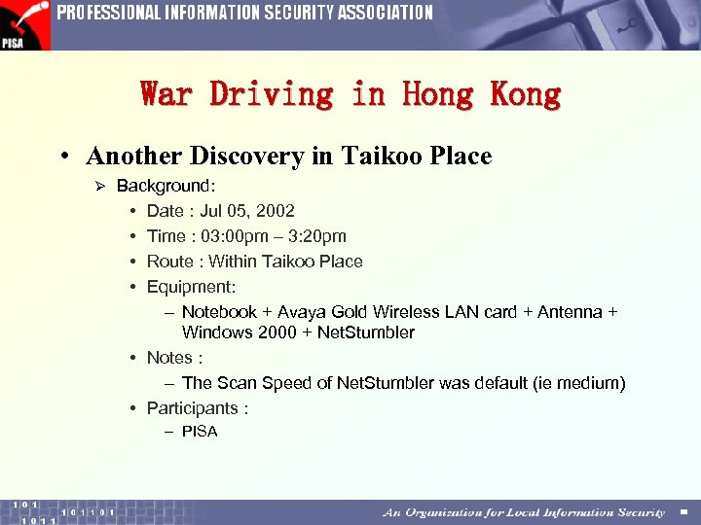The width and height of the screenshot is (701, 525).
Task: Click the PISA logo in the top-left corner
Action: click(24, 24)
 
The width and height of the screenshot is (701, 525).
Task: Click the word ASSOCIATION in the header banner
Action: click(385, 13)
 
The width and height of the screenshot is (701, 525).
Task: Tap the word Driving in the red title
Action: click(272, 94)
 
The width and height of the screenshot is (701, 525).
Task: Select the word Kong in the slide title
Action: click(526, 94)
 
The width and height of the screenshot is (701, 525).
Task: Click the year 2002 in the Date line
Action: click(276, 211)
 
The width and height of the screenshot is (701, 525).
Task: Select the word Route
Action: click(169, 262)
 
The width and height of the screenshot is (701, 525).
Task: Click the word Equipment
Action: click(190, 287)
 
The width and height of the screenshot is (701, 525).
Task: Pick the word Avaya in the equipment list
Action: click(301, 312)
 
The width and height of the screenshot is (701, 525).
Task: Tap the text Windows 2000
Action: click(238, 332)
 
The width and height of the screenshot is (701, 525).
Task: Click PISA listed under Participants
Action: click(200, 432)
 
